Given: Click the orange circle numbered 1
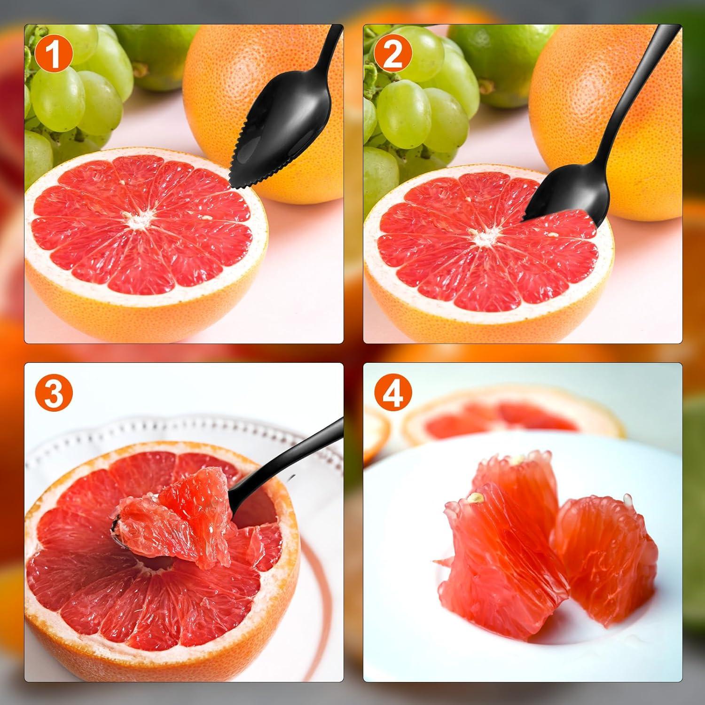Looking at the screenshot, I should pos(54,55).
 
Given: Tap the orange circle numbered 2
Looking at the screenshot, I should pos(393,55).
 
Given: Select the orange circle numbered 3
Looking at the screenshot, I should pos(54,393).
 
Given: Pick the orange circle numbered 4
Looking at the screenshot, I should pos(393,393).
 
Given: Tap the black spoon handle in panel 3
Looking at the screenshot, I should pos(301,451).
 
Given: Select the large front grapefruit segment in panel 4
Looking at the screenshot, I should pos(503,559).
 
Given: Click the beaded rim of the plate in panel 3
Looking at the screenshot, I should pos(188,423).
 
